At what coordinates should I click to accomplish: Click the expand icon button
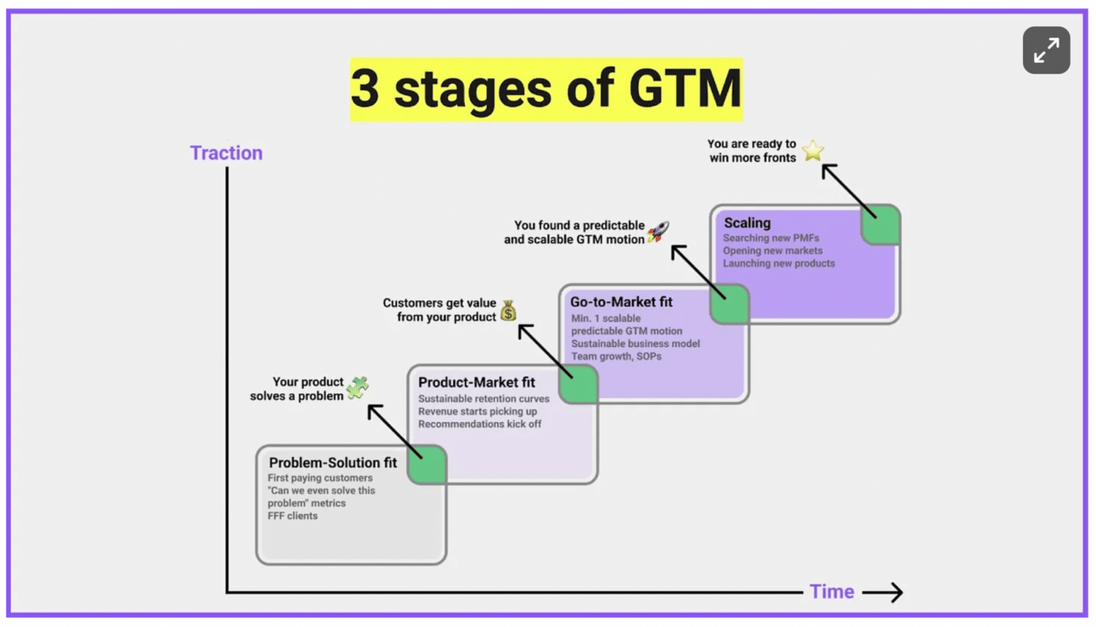click(1046, 50)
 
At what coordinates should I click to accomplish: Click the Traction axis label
click(226, 153)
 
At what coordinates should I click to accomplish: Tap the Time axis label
click(831, 592)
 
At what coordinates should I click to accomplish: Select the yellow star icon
click(813, 151)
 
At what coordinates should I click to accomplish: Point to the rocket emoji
click(658, 231)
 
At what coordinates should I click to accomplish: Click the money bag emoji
click(508, 311)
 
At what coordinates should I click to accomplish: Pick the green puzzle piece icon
click(357, 388)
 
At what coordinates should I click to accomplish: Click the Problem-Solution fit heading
click(333, 463)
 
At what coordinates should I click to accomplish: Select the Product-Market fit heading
click(476, 383)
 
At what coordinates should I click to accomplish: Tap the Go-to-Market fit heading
click(621, 302)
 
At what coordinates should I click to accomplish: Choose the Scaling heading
click(747, 223)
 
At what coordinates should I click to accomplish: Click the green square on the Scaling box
click(881, 225)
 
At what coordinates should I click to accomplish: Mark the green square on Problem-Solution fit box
click(427, 465)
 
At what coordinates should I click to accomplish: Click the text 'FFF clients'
click(293, 516)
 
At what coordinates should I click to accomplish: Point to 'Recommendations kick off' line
click(479, 424)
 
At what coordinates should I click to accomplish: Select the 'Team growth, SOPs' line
click(616, 356)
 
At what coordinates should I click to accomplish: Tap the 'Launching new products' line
click(779, 264)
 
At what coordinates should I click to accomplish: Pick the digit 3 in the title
click(365, 89)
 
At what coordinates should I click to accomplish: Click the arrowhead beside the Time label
click(895, 592)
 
